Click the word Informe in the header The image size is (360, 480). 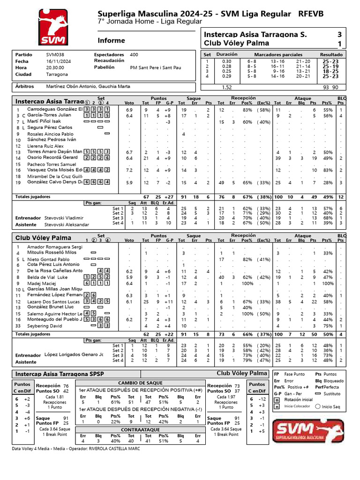[x=111, y=40]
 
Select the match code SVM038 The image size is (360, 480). [x=49, y=54]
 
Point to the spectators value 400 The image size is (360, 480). [x=134, y=54]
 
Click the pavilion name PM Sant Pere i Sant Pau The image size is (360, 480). [x=155, y=67]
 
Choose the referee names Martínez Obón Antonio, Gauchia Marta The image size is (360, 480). [x=88, y=87]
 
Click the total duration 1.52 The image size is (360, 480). [x=226, y=87]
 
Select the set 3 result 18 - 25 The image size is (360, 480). [x=330, y=71]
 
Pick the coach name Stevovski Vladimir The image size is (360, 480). [x=64, y=218]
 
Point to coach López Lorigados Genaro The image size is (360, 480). [x=74, y=355]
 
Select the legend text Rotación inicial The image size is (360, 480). [x=299, y=399]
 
